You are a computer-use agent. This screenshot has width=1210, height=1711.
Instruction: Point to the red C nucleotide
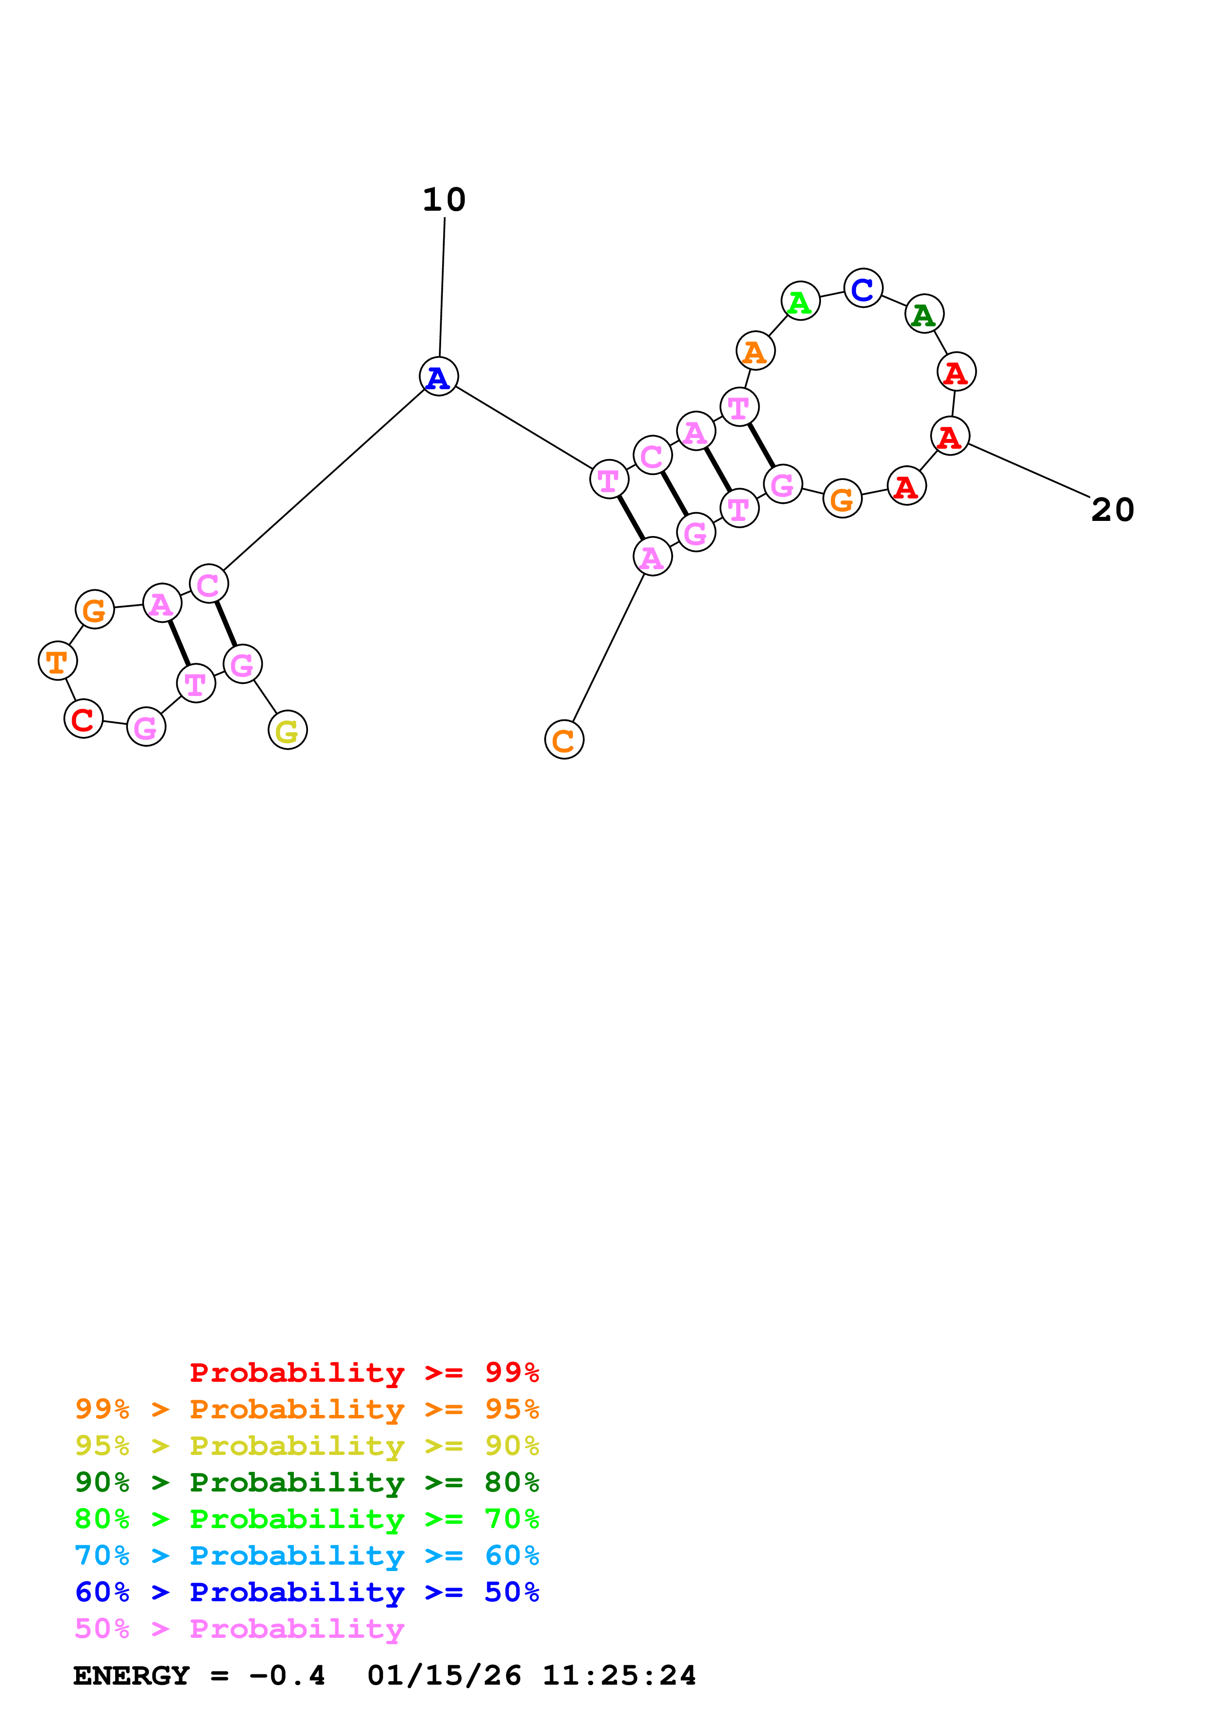[83, 718]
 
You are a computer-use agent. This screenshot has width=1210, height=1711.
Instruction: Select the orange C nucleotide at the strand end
[564, 739]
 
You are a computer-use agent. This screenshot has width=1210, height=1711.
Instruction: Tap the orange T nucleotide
[58, 660]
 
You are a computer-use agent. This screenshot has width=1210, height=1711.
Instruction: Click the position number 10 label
[444, 199]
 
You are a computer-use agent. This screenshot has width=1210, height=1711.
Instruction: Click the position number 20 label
[1112, 511]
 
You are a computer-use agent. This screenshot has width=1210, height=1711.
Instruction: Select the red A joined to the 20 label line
[950, 436]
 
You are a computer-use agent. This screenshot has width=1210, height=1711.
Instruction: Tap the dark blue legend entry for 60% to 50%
[307, 1592]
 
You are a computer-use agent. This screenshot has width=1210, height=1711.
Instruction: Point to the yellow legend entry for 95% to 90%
[307, 1445]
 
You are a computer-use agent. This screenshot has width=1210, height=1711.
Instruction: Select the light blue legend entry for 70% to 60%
[307, 1555]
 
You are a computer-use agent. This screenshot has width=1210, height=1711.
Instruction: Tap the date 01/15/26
[444, 1675]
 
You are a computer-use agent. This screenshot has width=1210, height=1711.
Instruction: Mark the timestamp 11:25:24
[619, 1675]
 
